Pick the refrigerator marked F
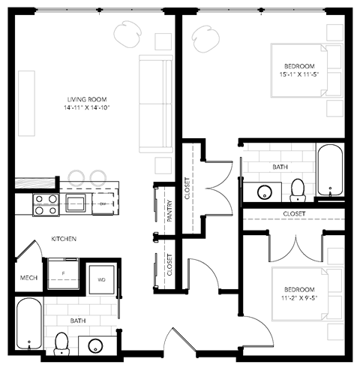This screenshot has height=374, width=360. tap(64, 273)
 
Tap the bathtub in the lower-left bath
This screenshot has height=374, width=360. tap(28, 324)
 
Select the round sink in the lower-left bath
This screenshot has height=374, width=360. tap(96, 345)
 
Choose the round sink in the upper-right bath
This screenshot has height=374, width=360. tap(264, 191)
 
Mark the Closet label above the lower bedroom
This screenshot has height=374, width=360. tap(294, 214)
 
